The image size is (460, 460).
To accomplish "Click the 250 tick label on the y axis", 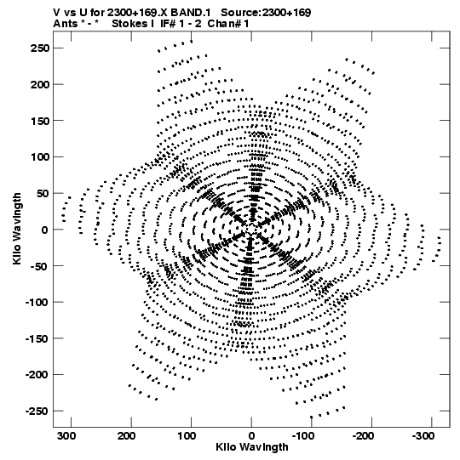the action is click(40, 48).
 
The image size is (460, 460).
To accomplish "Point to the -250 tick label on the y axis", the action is click(37, 411).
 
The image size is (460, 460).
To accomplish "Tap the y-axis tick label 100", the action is click(40, 157).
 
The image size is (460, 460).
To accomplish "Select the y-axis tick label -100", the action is click(37, 302).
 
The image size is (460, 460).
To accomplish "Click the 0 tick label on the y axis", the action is click(44, 230).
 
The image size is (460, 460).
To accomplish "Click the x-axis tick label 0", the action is click(251, 436).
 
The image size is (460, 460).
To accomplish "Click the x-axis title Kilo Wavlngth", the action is click(252, 447).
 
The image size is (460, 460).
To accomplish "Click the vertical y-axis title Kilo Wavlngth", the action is click(17, 229).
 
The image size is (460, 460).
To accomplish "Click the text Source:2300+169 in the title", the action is click(266, 13).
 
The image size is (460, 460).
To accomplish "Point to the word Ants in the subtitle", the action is click(66, 24).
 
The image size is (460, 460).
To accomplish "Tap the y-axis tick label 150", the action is click(40, 121).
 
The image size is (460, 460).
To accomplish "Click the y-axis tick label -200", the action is click(37, 375).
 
